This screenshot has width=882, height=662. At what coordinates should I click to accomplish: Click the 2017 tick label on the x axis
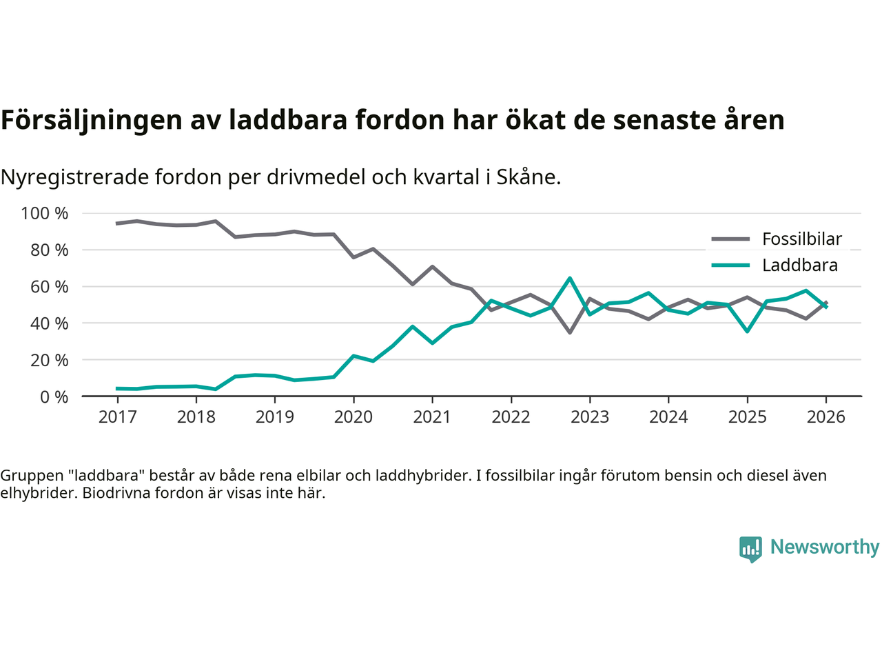[x=117, y=417]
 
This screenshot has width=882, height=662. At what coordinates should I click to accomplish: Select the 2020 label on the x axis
[x=353, y=417]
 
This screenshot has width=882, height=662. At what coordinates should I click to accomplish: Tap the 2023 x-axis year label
[x=590, y=417]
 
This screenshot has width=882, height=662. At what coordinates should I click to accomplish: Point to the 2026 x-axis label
[x=825, y=417]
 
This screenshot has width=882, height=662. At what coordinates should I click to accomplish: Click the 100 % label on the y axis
[x=45, y=214]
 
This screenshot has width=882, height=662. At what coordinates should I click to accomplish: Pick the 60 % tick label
[x=49, y=287]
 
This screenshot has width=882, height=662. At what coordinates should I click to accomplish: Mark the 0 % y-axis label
[x=53, y=397]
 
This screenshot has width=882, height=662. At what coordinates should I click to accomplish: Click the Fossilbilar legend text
[x=802, y=239]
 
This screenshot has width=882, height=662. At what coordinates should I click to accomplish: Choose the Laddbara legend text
[x=799, y=265]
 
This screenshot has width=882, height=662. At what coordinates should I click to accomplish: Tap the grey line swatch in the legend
[x=730, y=239]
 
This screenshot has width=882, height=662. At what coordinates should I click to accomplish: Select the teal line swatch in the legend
[x=730, y=265]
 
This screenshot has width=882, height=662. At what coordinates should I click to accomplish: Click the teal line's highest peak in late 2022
[x=570, y=278]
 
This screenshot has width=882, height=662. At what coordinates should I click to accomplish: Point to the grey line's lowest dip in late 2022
[x=570, y=332]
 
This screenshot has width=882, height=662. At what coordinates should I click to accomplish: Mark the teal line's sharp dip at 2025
[x=747, y=332]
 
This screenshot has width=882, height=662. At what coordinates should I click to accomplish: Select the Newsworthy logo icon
[x=750, y=549]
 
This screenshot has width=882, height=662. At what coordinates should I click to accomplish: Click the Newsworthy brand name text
[x=825, y=547]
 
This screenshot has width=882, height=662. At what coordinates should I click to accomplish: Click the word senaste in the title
[x=660, y=120]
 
